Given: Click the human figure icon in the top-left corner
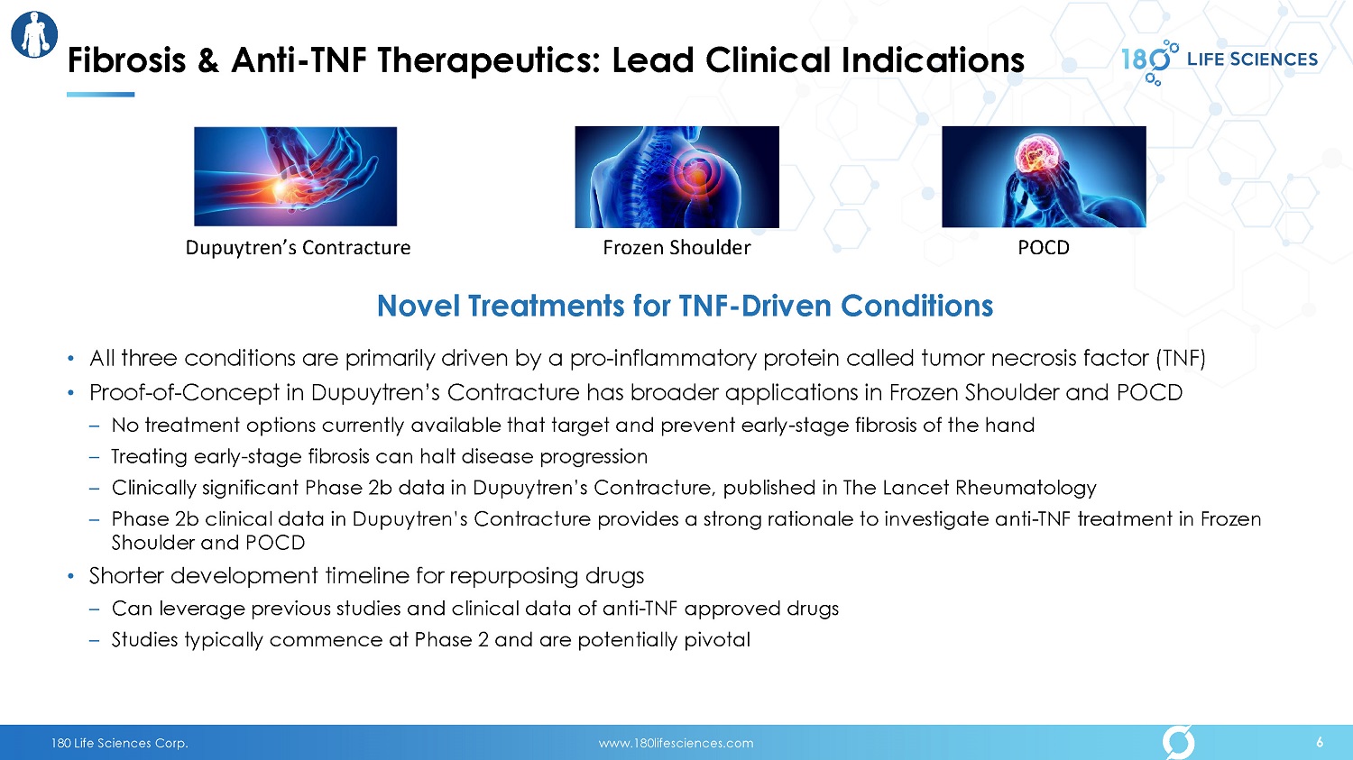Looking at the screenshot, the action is tap(34, 34).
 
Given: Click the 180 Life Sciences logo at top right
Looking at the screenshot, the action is tap(1219, 61).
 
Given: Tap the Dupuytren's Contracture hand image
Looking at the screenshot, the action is tap(295, 177).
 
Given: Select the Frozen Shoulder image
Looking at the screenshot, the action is tap(676, 177).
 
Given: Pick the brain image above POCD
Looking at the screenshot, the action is tap(1044, 177).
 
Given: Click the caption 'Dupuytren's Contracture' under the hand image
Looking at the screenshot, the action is tap(298, 248).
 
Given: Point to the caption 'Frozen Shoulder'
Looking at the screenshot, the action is tap(676, 248).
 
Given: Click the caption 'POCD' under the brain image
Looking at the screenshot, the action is tap(1044, 248).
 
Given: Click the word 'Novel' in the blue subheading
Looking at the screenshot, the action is tap(418, 306).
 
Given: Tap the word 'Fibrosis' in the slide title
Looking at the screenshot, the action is tap(126, 60).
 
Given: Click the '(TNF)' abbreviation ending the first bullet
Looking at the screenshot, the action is tap(1180, 359).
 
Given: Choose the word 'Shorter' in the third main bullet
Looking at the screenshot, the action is tap(126, 576).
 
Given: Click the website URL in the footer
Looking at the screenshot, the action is tap(676, 743).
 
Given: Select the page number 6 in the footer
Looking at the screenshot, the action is tap(1320, 743).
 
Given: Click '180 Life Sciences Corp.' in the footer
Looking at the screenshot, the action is tap(120, 743).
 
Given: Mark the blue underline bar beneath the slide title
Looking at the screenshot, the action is tap(100, 95).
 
